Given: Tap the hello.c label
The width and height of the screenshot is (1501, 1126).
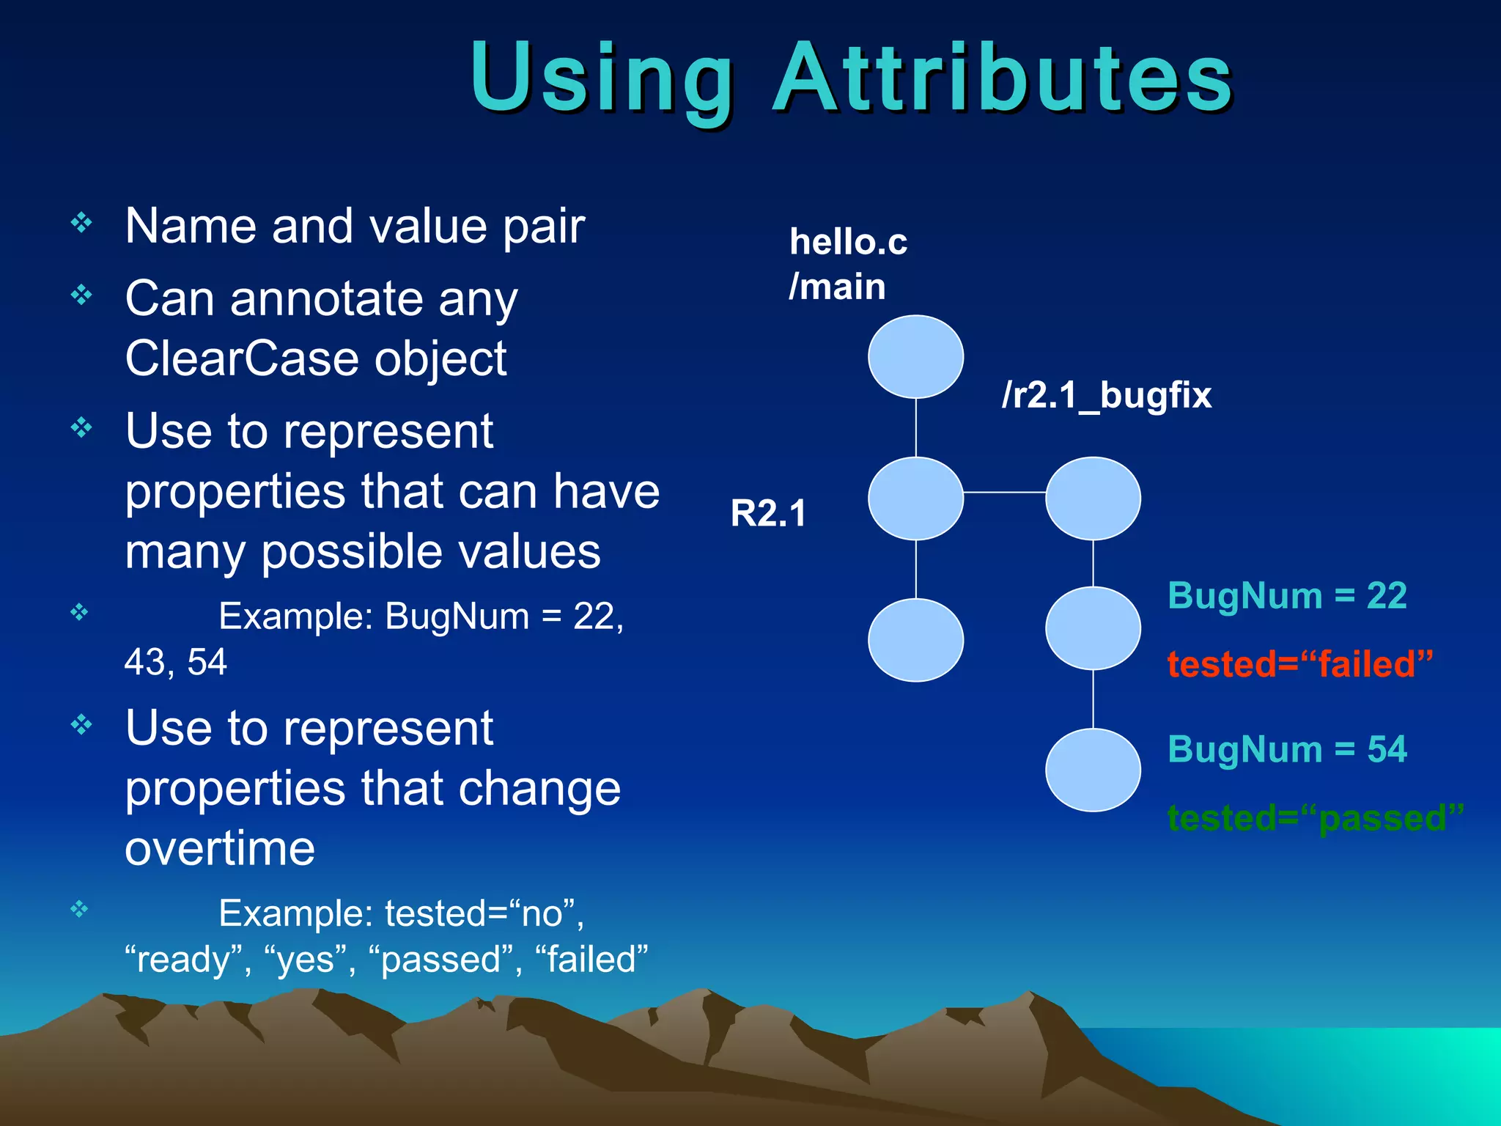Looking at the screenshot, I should [x=848, y=242].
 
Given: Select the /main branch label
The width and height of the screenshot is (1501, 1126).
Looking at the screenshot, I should [x=837, y=287].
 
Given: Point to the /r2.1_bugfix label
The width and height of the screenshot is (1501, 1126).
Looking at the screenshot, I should [x=1107, y=396].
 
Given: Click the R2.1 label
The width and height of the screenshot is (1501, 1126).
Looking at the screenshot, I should [x=768, y=513].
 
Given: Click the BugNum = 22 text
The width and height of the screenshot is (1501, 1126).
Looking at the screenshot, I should [x=1287, y=595].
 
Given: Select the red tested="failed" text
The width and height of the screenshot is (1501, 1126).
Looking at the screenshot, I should [x=1299, y=664].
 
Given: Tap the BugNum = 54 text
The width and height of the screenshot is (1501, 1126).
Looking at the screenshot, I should [x=1287, y=749].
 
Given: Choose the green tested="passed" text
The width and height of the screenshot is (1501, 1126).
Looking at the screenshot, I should [x=1315, y=818].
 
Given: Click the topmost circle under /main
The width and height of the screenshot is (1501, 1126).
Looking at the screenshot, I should [x=915, y=357].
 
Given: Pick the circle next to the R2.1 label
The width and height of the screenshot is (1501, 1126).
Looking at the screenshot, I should [x=915, y=498].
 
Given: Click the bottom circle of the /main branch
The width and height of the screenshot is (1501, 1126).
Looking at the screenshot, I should [x=915, y=640].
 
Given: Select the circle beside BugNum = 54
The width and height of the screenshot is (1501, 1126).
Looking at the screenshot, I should [x=1093, y=770].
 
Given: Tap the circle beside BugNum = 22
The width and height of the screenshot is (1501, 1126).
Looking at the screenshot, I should [x=1093, y=628].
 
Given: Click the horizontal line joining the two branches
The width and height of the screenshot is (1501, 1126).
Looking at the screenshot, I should [x=1004, y=493].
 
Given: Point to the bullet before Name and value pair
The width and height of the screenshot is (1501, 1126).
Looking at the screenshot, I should [x=81, y=222].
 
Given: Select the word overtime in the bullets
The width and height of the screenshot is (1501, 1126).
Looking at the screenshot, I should [x=220, y=849].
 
